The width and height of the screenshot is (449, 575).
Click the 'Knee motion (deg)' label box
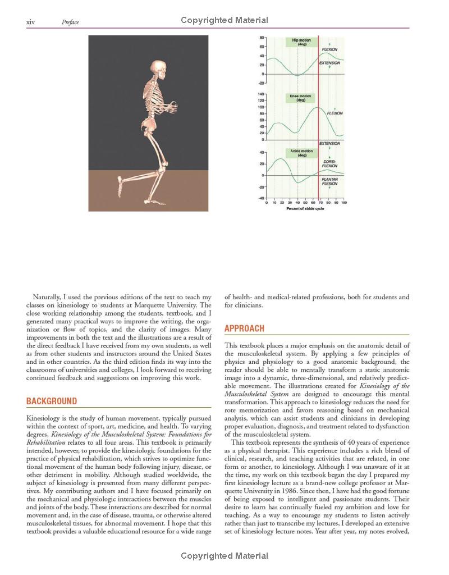300,98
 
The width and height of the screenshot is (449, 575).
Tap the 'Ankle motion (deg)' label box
300,153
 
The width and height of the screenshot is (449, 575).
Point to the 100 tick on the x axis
343,202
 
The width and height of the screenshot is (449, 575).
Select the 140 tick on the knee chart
261,94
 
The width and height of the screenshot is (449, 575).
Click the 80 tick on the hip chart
262,38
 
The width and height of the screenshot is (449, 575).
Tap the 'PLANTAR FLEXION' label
329,181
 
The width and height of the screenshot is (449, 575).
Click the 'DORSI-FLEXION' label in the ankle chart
329,163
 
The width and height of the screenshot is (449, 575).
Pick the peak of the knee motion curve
318,107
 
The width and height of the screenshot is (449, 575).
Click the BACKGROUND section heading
52,401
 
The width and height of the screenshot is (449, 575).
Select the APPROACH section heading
244,328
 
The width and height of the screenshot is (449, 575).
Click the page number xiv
31,22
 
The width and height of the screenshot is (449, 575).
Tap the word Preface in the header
70,22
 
